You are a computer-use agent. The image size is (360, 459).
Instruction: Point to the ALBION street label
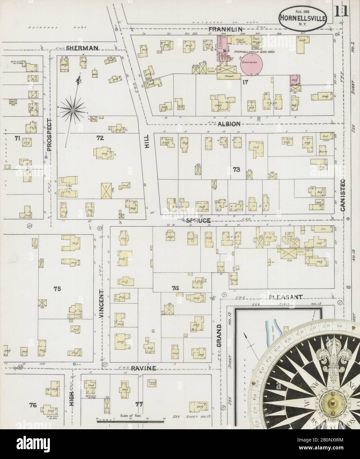click(229, 124)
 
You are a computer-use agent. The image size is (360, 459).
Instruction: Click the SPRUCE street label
click(198, 220)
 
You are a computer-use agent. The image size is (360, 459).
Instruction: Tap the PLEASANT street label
click(285, 297)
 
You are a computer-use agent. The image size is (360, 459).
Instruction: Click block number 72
click(100, 138)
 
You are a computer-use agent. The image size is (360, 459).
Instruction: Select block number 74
click(175, 288)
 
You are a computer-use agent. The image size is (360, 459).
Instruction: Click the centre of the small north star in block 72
click(72, 110)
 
